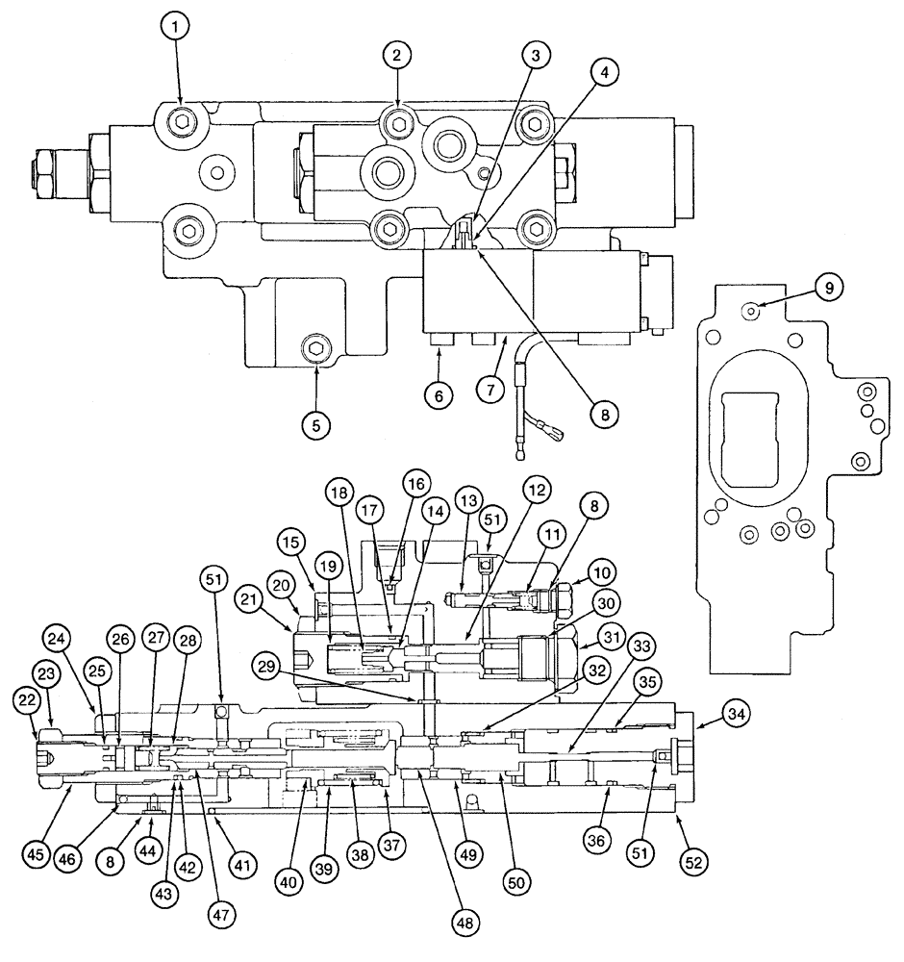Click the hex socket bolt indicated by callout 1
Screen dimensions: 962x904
click(180, 121)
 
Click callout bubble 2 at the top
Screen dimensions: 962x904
click(395, 55)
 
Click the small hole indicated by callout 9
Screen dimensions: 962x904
click(753, 309)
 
